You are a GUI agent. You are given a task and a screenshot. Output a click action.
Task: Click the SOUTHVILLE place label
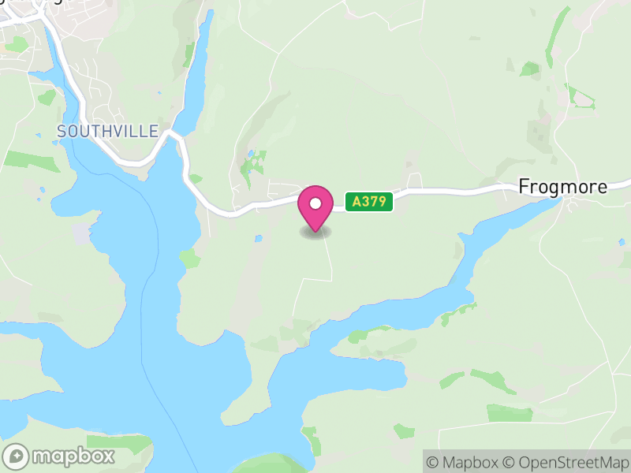tap(108, 131)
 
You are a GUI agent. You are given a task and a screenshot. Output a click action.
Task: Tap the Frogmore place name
tap(563, 187)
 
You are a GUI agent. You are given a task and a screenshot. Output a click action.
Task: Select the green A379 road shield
tap(368, 202)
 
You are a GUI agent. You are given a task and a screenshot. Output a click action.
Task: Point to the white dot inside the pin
tap(315, 203)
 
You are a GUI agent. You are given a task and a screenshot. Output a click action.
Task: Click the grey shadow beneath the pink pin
tap(315, 233)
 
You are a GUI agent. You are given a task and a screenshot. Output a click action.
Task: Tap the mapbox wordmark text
tap(73, 456)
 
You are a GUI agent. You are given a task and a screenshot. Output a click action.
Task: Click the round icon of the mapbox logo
tap(17, 456)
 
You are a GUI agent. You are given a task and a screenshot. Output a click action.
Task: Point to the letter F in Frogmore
tap(524, 187)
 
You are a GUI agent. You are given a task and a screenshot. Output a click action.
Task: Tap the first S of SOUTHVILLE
tap(62, 131)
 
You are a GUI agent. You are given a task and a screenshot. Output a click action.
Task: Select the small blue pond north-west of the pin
tap(251, 155)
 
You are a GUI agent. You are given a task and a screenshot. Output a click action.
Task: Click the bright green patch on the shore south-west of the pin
tap(190, 258)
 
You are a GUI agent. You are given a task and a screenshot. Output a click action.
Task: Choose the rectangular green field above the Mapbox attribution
tap(510, 412)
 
